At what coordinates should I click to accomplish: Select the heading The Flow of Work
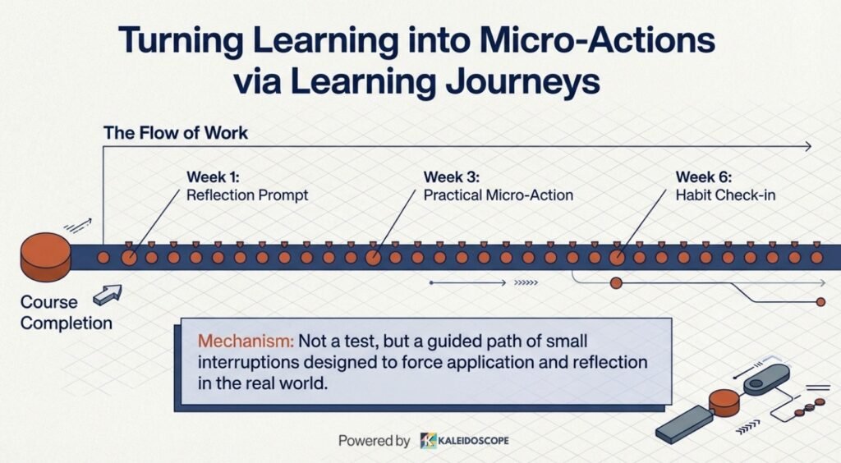pos(176,133)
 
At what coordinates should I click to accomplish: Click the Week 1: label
pos(213,176)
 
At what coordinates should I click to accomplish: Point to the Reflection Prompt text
pos(247,195)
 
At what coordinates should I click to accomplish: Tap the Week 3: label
pos(452,176)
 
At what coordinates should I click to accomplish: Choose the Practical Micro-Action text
pos(499,195)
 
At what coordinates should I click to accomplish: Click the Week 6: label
pos(703,176)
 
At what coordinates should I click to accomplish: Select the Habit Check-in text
pos(725,195)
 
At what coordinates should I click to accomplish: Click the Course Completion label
pos(67,313)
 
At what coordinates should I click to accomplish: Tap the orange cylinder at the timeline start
pos(45,257)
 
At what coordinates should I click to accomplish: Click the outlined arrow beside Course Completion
pos(108,294)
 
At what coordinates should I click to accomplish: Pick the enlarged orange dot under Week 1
pos(129,258)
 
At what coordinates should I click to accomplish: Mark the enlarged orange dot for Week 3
pos(374,258)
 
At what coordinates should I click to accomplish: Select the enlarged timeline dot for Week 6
pos(617,258)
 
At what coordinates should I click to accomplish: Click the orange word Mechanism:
pos(246,341)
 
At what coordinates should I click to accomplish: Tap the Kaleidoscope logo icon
pos(428,441)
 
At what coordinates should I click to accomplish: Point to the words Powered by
pos(374,441)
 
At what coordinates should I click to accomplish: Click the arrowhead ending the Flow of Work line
pos(808,146)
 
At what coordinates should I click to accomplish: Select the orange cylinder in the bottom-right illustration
pos(724,403)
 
